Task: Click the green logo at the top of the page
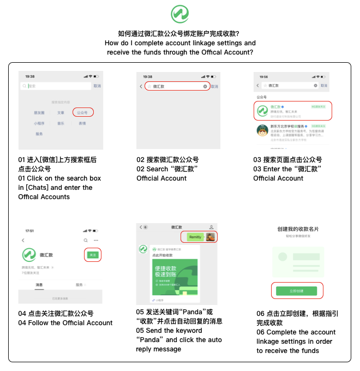(x=179, y=14)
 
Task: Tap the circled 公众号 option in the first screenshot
(x=82, y=112)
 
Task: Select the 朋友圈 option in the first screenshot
(x=39, y=112)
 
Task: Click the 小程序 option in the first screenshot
(x=39, y=123)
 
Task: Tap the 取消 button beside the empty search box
(x=97, y=86)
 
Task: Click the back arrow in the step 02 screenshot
(x=141, y=86)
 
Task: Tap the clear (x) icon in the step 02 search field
(x=205, y=86)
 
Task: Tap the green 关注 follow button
(x=93, y=255)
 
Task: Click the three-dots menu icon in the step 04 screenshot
(x=96, y=240)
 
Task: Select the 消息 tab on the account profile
(x=39, y=285)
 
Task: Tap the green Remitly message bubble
(x=195, y=237)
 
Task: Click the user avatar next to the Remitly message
(x=211, y=237)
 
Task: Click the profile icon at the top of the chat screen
(x=211, y=227)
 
